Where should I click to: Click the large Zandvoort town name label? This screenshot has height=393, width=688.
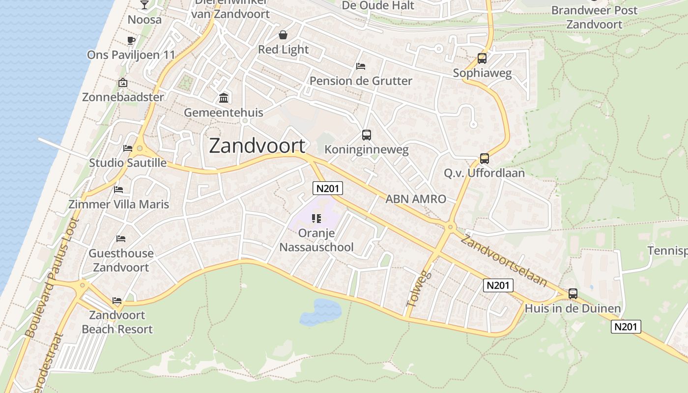(x=257, y=146)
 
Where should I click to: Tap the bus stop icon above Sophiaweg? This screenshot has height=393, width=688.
(x=482, y=58)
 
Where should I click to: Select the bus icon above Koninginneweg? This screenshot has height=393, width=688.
(x=366, y=135)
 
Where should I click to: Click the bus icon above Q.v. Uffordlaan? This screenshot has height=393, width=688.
(x=485, y=158)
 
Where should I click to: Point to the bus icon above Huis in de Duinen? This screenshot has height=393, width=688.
(x=573, y=294)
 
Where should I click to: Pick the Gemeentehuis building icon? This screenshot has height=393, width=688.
(x=224, y=98)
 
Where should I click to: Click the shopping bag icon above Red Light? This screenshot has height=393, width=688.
(x=283, y=35)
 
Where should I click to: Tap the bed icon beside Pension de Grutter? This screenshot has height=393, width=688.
(x=361, y=66)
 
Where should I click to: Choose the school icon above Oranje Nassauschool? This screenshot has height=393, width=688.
(x=316, y=218)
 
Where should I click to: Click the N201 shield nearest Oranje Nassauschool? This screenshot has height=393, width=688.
(x=327, y=188)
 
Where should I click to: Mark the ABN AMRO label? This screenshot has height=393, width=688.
(x=416, y=199)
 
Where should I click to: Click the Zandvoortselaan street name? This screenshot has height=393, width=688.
(x=504, y=260)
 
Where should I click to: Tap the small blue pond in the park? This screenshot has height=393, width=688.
(x=320, y=312)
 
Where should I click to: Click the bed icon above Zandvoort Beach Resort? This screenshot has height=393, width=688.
(x=116, y=300)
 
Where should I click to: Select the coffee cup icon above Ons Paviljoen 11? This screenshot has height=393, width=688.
(x=131, y=40)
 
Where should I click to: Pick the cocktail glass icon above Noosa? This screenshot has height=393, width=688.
(x=144, y=5)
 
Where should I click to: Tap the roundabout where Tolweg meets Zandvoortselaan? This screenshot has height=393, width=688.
(x=450, y=227)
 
